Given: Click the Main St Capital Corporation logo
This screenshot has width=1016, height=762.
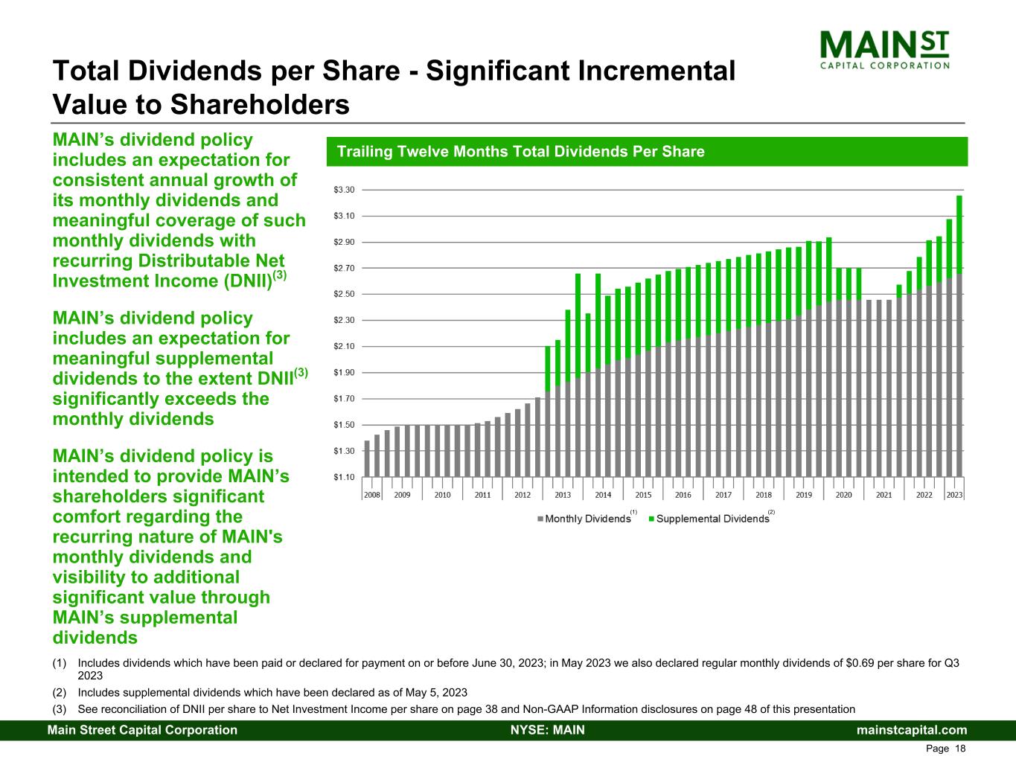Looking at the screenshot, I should (884, 49).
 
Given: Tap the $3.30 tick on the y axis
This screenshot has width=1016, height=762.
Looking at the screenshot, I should (344, 190).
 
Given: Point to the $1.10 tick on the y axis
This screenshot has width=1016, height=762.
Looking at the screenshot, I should (344, 477).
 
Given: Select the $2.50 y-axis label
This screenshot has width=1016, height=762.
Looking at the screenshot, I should (344, 294).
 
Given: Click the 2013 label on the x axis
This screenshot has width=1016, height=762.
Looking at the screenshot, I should (563, 495).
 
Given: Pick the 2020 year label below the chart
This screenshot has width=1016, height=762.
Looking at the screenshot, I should (843, 495).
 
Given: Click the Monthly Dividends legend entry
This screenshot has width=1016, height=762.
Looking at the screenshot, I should (584, 519).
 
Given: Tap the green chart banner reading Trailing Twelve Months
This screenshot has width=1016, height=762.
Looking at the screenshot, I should (646, 152).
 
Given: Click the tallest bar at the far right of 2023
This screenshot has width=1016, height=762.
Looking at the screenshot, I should (959, 335).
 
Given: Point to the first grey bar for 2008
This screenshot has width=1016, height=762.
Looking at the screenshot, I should (367, 458).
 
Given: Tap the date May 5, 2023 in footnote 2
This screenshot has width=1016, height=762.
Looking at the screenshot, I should (438, 693).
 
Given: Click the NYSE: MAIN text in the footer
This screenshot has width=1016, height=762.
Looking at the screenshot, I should (547, 730).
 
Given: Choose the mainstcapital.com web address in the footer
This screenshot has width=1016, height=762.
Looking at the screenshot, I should (912, 730).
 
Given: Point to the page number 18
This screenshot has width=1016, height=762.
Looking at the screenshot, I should (960, 749).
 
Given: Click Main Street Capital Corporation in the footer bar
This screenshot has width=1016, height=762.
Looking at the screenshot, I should (142, 730).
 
